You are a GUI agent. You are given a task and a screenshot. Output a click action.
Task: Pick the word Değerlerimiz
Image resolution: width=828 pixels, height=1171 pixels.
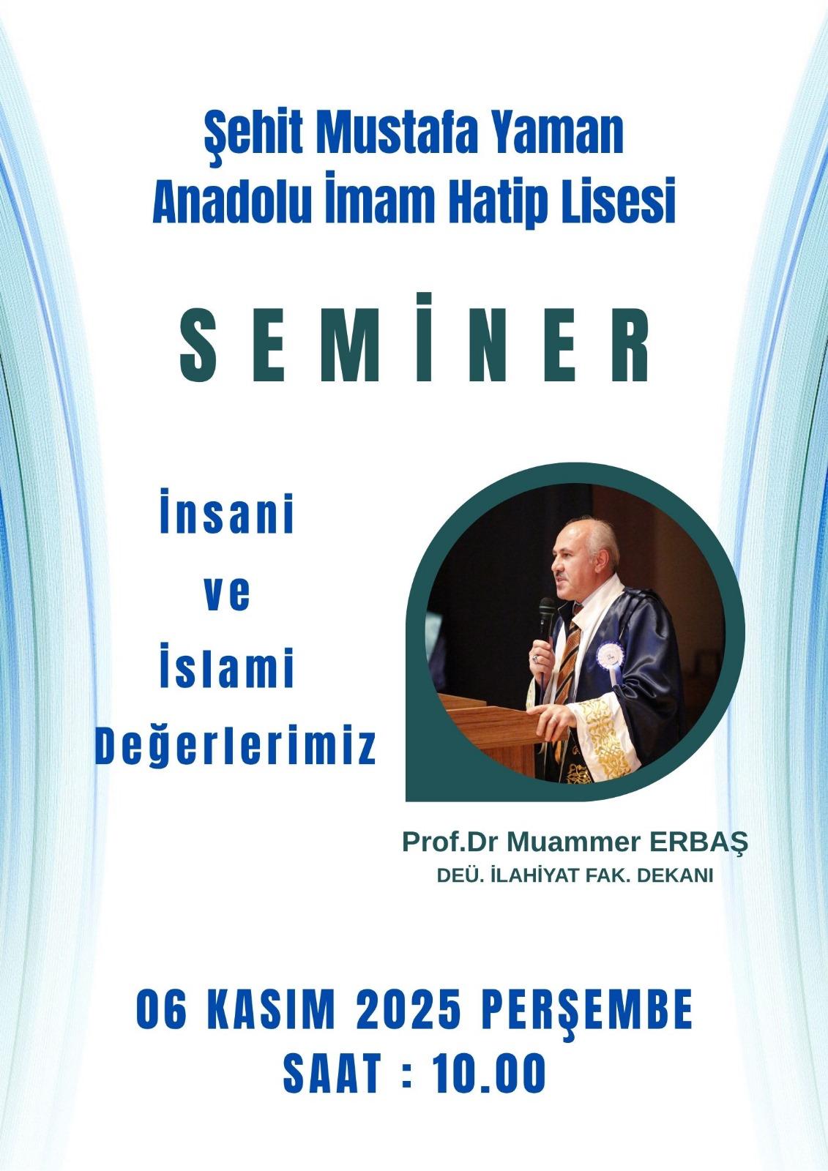236,747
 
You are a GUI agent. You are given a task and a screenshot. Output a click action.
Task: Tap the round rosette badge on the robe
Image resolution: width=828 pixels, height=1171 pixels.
610,654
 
